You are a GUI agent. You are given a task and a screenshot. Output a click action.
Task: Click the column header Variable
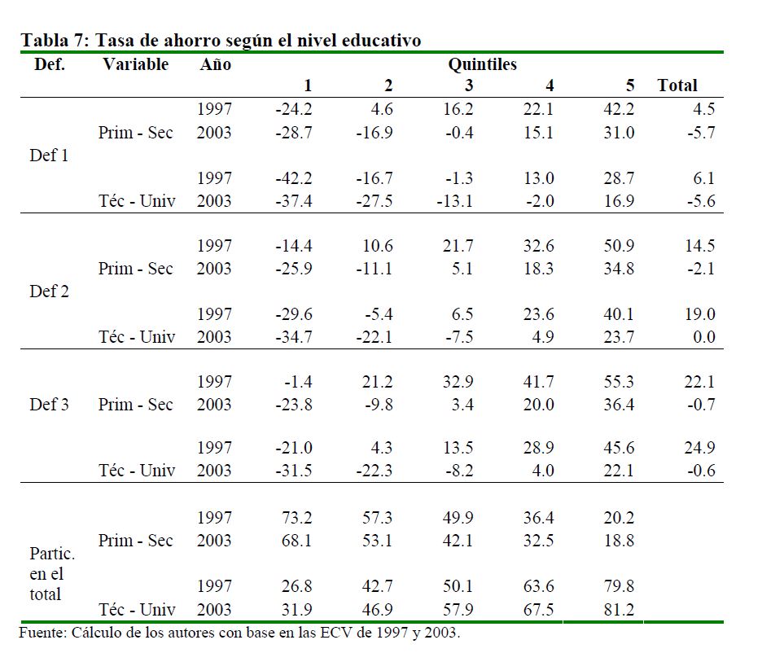(x=135, y=64)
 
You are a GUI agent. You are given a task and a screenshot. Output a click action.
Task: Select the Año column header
(x=215, y=64)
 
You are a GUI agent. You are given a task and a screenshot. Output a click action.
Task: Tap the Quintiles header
(x=482, y=64)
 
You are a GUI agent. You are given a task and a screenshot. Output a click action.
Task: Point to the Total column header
(x=677, y=85)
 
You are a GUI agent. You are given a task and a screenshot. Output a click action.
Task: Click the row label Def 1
(x=49, y=156)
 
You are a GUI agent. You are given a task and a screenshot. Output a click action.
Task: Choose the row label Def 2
(x=49, y=291)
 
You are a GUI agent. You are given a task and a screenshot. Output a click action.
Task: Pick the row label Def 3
(x=49, y=404)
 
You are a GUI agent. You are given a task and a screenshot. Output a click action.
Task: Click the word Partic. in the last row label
(x=52, y=554)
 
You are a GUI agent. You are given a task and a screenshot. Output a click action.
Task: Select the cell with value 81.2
(x=618, y=609)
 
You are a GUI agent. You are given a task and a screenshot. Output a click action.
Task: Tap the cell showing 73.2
(x=296, y=518)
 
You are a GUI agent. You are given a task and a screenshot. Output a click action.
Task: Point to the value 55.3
(x=618, y=381)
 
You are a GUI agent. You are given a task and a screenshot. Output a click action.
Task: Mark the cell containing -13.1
(x=454, y=201)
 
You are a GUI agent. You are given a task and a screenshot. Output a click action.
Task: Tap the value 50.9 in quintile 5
(x=618, y=246)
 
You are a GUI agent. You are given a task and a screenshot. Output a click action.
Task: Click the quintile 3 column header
(x=469, y=85)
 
